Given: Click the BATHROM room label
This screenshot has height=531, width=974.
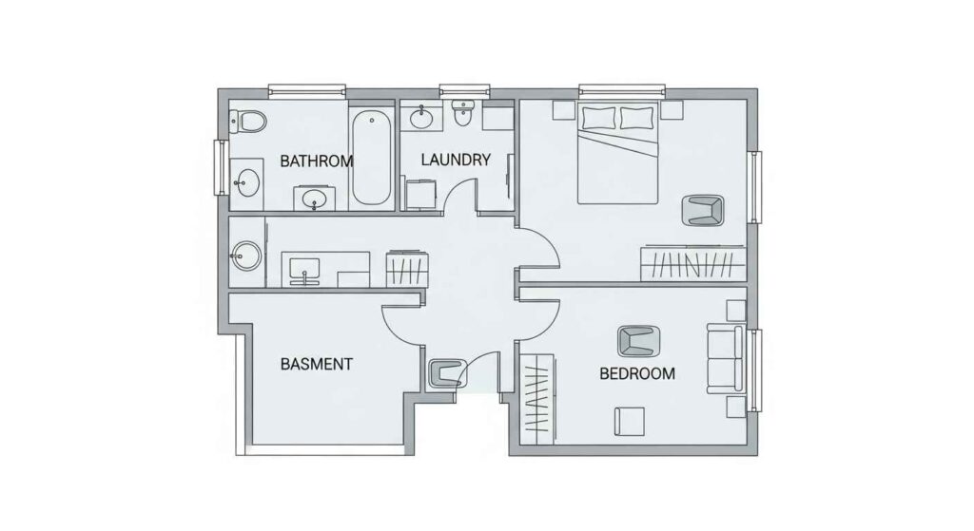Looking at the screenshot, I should (x=316, y=161).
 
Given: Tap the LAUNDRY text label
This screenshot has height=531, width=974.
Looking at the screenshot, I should (x=455, y=160).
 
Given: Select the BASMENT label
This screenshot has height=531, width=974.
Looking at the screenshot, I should (x=317, y=364).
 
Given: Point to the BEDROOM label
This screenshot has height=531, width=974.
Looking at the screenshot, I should (x=637, y=373).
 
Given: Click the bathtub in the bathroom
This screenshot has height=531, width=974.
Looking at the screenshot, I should (x=372, y=159).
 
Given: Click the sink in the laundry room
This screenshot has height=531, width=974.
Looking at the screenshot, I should (x=420, y=118).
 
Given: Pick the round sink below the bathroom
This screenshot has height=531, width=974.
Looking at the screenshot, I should (x=247, y=255).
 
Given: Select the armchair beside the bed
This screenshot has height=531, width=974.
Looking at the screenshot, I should (x=704, y=211).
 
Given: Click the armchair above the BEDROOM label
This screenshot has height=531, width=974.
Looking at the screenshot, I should (x=637, y=339).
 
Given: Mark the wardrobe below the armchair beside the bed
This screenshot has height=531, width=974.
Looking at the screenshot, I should (x=692, y=263).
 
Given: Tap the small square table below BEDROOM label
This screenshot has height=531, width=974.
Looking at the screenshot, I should (x=629, y=420).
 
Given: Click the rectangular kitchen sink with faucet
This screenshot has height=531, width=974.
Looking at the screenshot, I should (x=306, y=269).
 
